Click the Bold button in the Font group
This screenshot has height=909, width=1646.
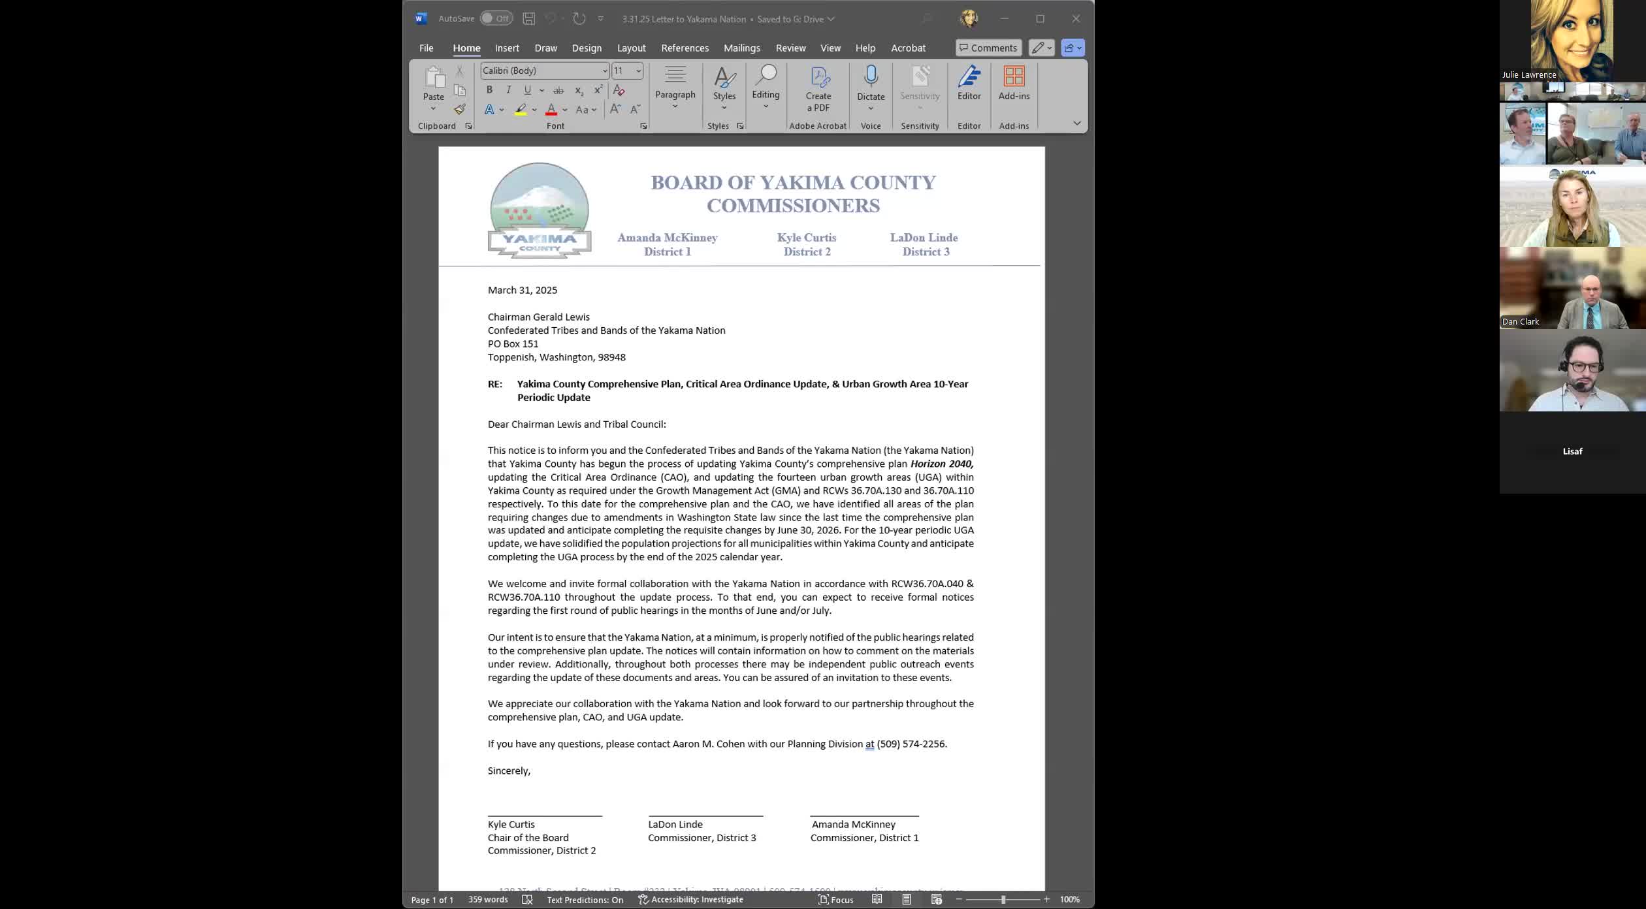[x=489, y=90]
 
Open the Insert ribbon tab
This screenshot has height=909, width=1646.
[x=507, y=48]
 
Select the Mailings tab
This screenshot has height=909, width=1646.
[x=741, y=48]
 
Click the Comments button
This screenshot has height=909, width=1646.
[x=988, y=48]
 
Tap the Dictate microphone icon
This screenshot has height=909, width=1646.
[x=871, y=76]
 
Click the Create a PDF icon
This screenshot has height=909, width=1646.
[x=818, y=77]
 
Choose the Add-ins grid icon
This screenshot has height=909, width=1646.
[x=1014, y=76]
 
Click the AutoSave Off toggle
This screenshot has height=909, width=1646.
[x=496, y=18]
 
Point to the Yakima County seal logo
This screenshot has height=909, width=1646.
[x=540, y=210]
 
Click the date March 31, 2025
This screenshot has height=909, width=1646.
[x=523, y=290]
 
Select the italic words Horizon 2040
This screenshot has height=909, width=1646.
[x=941, y=464]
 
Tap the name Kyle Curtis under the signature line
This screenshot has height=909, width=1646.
[x=511, y=824]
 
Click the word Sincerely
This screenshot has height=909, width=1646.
[x=508, y=771]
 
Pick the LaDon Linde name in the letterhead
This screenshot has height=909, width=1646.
[x=924, y=238]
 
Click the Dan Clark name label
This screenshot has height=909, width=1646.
[x=1521, y=321]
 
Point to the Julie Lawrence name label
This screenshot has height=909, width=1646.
[x=1528, y=74]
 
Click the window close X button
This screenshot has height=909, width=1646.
[x=1076, y=18]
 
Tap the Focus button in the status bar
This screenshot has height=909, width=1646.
[x=836, y=899]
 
